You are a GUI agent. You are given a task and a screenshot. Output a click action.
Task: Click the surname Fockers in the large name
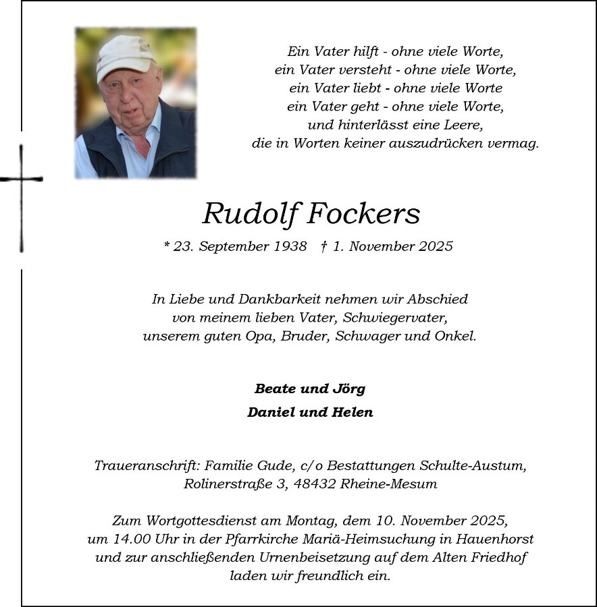(x=364, y=214)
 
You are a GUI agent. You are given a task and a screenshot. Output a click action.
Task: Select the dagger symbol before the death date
(x=324, y=247)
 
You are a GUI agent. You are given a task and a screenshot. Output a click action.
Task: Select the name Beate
(x=276, y=389)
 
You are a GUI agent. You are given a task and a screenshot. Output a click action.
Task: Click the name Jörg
(x=348, y=389)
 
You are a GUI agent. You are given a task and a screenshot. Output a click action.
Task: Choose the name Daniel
(x=268, y=412)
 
